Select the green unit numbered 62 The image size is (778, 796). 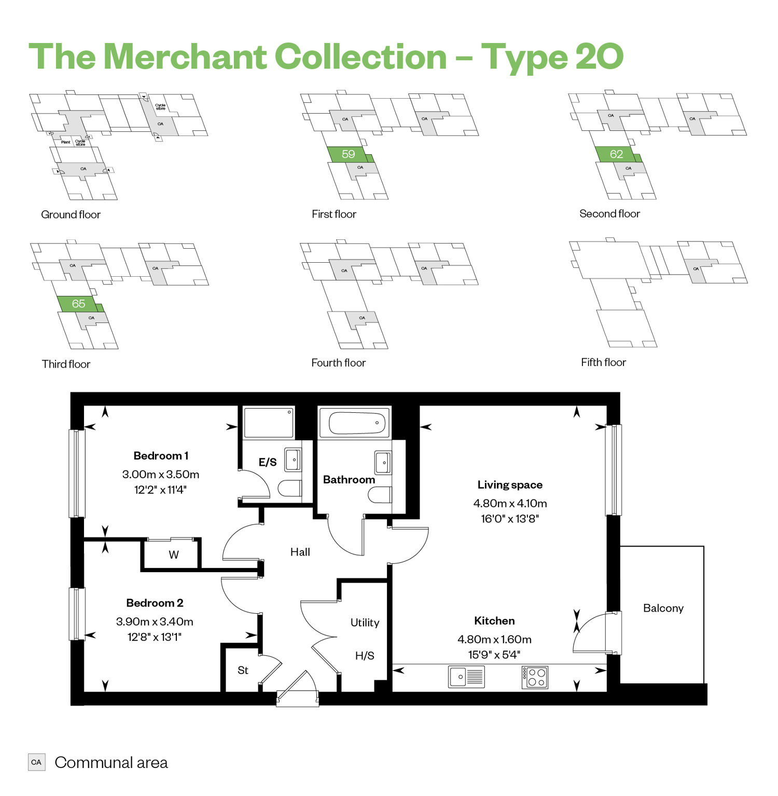(616, 154)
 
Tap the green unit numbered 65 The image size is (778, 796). (79, 304)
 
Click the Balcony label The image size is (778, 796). (663, 608)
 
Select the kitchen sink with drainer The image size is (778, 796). (466, 677)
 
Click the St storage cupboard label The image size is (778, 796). (243, 670)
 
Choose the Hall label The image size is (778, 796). (300, 552)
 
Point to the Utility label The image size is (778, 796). (365, 623)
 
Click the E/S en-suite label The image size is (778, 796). (268, 462)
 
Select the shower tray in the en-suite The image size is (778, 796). (269, 423)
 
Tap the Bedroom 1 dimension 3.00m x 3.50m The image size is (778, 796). (161, 474)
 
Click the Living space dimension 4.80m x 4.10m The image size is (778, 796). (510, 503)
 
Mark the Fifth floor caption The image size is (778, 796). (603, 362)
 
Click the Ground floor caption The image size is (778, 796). (71, 214)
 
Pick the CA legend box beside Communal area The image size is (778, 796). (36, 762)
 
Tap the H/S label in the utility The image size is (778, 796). (365, 656)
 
